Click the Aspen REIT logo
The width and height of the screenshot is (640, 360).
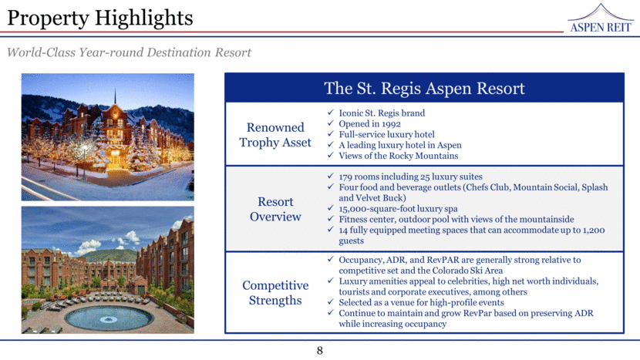(601, 19)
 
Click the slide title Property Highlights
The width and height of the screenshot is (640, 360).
(100, 18)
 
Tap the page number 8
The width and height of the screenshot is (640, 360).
(319, 351)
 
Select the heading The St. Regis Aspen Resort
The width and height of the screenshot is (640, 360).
(424, 88)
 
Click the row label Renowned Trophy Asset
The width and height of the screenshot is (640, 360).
(275, 135)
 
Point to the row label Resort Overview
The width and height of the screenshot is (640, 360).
(275, 209)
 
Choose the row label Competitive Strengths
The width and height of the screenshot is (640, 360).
(275, 293)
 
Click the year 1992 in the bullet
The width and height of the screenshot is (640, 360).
(391, 124)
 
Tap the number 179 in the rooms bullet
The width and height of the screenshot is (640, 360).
(345, 177)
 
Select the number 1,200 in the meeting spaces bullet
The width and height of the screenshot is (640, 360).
(594, 230)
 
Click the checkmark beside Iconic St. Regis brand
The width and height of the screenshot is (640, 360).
(331, 113)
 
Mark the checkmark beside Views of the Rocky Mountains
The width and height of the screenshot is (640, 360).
(331, 155)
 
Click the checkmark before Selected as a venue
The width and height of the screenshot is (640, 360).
(331, 301)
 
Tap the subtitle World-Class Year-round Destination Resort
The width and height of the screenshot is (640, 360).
(129, 52)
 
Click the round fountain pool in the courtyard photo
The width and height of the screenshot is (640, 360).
(108, 318)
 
